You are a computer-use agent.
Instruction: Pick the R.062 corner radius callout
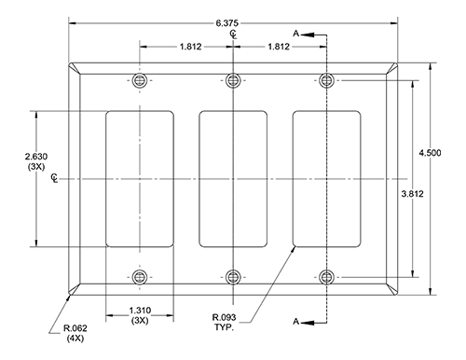(x=75, y=326)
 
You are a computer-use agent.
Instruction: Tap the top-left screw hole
(x=140, y=80)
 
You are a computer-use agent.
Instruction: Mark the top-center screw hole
(x=233, y=80)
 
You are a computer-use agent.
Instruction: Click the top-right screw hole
(x=326, y=80)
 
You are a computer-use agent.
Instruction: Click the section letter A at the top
(x=295, y=33)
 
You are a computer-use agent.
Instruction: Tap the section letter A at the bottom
(x=295, y=323)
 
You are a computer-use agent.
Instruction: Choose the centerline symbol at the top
(x=233, y=34)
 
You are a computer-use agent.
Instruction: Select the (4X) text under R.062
(x=75, y=339)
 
